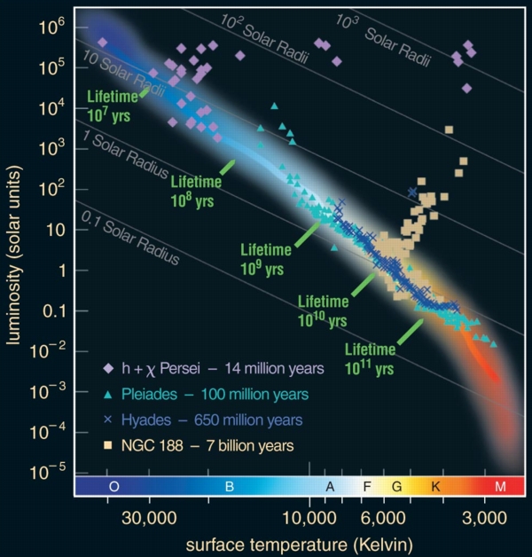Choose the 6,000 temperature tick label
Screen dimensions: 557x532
[x=385, y=517]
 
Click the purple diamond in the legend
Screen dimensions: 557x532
[x=107, y=367]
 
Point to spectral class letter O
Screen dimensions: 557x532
[x=114, y=487]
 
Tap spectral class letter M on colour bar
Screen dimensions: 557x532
[x=499, y=487]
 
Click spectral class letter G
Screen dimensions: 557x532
[x=395, y=487]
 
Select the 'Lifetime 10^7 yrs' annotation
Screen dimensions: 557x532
[x=112, y=107]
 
